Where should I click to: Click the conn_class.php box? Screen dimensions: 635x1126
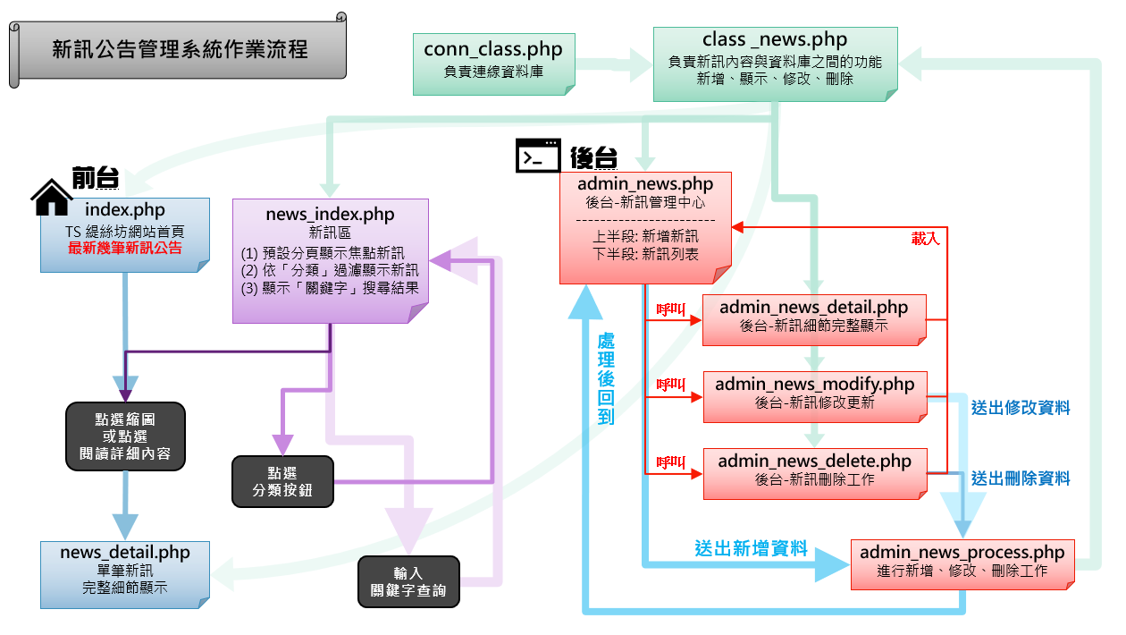493,63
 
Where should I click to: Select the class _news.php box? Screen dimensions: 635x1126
775,63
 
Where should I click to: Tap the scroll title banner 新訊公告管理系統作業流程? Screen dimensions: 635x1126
179,49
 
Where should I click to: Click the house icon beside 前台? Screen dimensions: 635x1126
52,197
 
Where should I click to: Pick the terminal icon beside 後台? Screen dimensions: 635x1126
538,157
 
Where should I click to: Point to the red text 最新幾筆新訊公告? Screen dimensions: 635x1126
125,248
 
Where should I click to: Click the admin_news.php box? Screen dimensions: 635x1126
645,227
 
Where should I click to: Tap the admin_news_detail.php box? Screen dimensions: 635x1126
813,318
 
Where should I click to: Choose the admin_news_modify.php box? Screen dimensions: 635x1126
814,394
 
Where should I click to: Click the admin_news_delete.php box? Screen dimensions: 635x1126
814,471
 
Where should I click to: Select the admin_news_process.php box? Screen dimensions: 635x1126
962,563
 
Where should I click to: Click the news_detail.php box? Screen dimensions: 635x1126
125,573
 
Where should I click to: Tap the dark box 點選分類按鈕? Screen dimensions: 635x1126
282,482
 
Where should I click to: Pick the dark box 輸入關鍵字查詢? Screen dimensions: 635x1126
408,582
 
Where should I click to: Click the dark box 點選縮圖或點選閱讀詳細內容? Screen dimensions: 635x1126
125,436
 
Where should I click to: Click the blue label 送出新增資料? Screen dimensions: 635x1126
751,548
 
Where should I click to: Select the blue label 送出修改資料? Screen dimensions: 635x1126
1021,408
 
